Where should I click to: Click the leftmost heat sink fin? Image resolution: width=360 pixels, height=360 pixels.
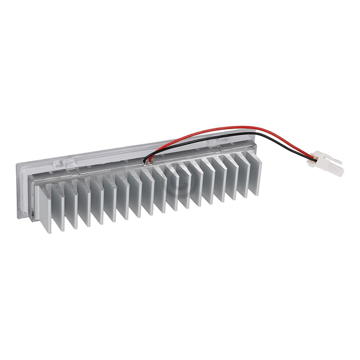(x=43, y=210)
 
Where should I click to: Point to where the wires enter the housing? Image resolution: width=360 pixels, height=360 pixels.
(x=147, y=160)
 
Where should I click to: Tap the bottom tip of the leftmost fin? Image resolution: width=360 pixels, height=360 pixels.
(x=45, y=232)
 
